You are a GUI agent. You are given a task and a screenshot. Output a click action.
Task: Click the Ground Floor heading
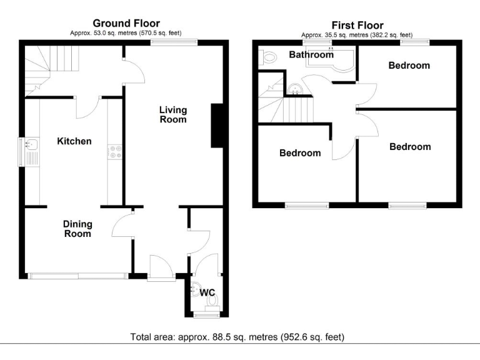pos(127,24)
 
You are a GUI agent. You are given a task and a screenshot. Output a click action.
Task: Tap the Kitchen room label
pos(74,141)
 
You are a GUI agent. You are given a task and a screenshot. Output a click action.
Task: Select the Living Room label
pos(173,114)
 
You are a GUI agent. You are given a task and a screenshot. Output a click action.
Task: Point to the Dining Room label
pos(77,229)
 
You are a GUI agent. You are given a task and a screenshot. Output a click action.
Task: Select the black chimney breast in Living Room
pos(217,126)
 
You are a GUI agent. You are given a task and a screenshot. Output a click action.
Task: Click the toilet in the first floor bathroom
pos(269,57)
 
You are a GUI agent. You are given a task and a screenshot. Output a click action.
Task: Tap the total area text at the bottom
pos(237,337)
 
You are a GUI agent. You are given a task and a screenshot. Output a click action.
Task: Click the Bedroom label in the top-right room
pos(409,65)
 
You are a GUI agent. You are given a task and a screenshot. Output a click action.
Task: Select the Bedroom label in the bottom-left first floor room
pos(300,153)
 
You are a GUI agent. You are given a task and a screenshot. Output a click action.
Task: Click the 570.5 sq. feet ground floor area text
pos(153,33)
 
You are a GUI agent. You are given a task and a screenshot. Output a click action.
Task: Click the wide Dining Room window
pos(78,274)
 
